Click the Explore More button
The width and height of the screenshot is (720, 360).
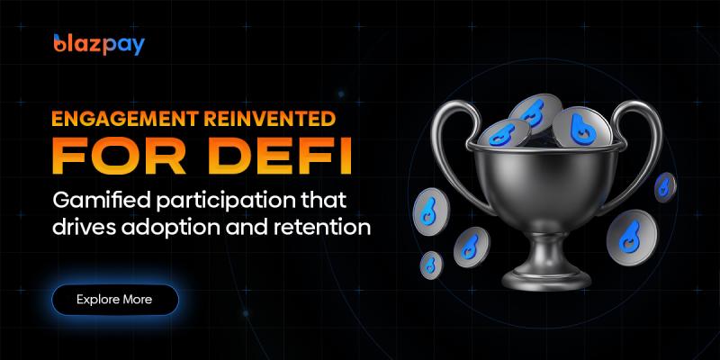pyautogui.click(x=114, y=299)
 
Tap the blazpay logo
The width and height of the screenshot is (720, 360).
pyautogui.click(x=99, y=43)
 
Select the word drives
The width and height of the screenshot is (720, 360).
pyautogui.click(x=84, y=227)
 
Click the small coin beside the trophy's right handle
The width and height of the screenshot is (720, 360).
pyautogui.click(x=664, y=187)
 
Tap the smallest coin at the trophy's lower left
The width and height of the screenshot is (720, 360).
pyautogui.click(x=431, y=264)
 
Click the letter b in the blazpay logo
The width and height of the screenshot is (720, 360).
pyautogui.click(x=60, y=43)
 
